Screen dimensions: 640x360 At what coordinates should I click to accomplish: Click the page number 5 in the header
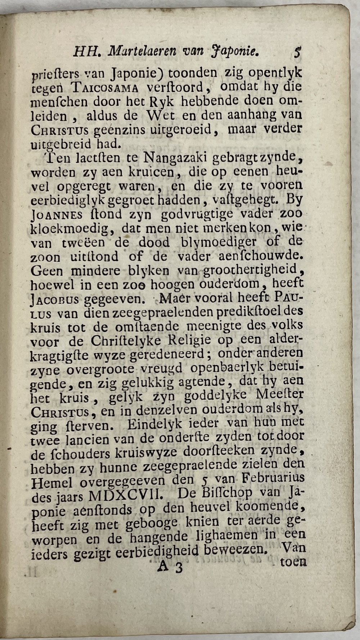point(297,53)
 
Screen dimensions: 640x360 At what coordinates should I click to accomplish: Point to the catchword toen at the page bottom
point(293,562)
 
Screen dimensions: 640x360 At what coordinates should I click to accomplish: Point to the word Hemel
point(52,483)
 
